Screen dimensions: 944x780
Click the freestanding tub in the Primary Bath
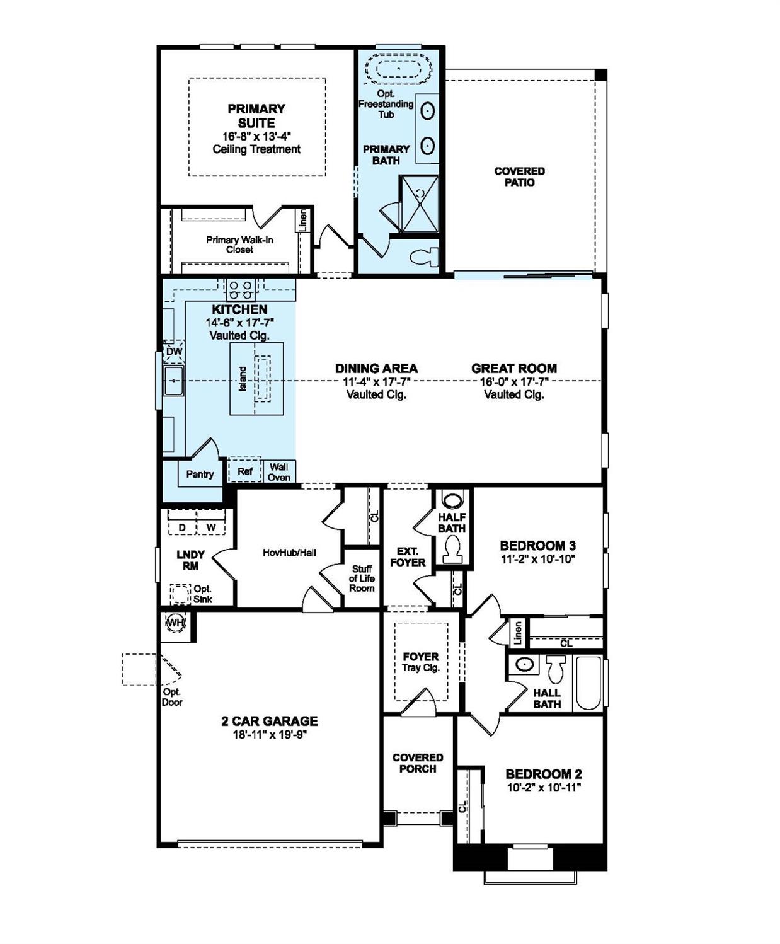tap(398, 67)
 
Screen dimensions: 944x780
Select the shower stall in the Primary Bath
tap(419, 204)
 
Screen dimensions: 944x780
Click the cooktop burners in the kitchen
tap(241, 290)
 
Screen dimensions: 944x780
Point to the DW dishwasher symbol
tap(175, 352)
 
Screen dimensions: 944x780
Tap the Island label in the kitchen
tap(243, 379)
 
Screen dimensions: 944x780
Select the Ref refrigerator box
tap(244, 471)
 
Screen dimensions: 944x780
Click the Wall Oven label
tap(279, 471)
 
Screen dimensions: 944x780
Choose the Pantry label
tap(200, 474)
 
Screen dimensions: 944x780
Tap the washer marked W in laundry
tap(211, 526)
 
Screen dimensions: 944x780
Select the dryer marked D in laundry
tap(183, 526)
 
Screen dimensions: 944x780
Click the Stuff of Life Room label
tap(362, 578)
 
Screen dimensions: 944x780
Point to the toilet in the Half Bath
tap(452, 552)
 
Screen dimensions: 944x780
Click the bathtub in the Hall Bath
tap(588, 684)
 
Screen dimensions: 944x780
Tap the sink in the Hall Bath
tap(524, 664)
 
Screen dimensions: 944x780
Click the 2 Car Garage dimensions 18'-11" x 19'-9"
tap(269, 735)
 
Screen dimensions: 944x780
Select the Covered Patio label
tap(519, 176)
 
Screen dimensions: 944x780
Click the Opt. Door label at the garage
tap(171, 697)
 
